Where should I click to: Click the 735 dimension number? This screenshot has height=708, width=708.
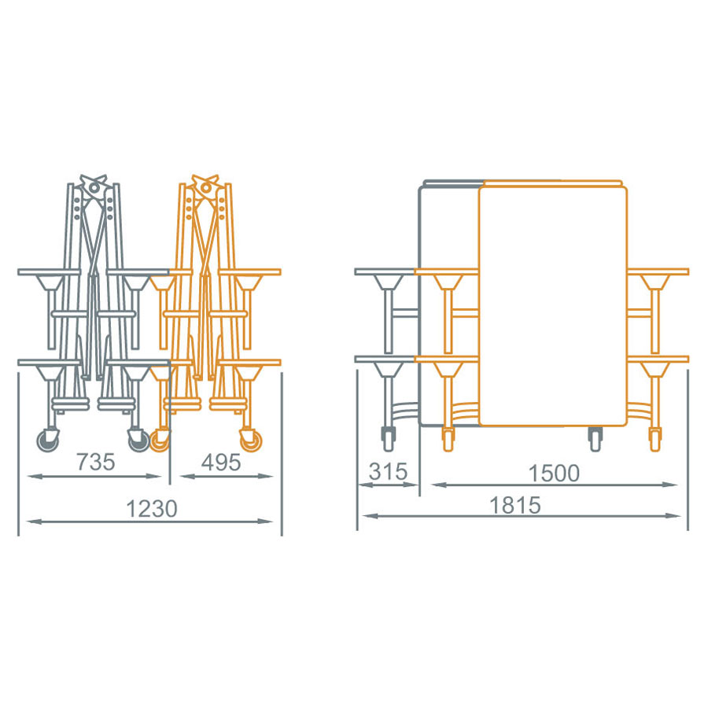[96, 462]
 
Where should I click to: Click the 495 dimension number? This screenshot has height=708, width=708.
[221, 463]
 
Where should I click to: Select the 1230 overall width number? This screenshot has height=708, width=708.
[152, 508]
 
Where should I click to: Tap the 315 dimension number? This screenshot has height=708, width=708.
[389, 472]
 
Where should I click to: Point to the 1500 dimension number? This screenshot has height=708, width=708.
[554, 474]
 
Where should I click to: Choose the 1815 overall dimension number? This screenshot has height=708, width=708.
[515, 505]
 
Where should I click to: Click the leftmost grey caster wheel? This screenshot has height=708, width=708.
[47, 440]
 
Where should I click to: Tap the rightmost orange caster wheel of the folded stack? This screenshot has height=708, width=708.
[251, 441]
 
